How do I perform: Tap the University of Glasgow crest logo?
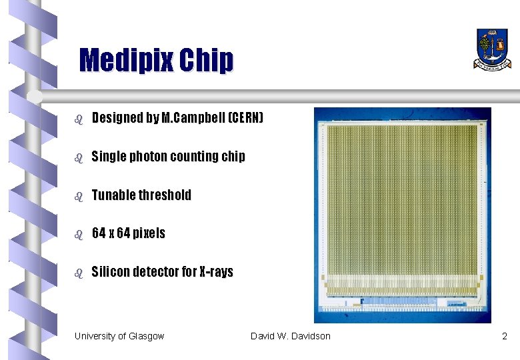[493, 48]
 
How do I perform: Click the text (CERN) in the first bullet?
[246, 119]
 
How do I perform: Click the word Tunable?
[114, 195]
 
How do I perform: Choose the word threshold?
[165, 195]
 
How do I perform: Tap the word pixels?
[148, 233]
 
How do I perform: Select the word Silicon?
[112, 272]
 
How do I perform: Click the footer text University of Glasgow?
[119, 336]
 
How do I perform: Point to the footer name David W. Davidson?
[290, 336]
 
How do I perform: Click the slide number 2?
[505, 336]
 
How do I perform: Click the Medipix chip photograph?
[402, 215]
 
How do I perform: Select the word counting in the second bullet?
[195, 157]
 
